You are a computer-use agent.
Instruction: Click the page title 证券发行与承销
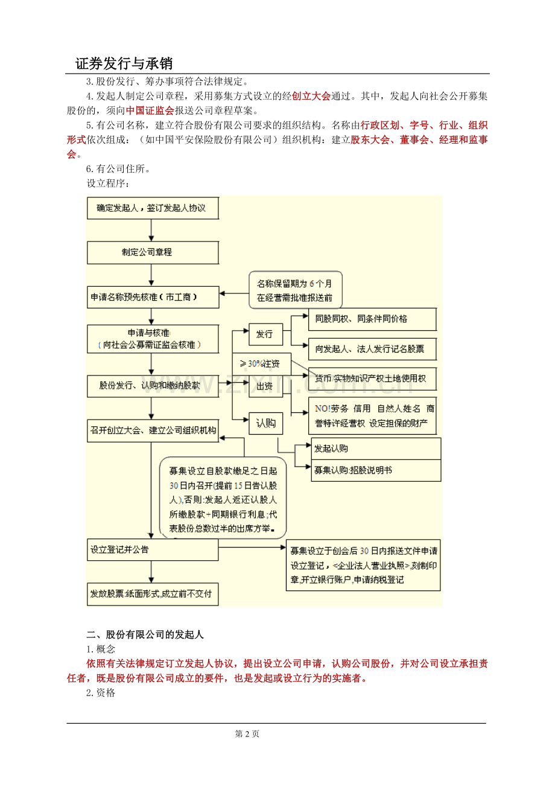pyautogui.click(x=124, y=64)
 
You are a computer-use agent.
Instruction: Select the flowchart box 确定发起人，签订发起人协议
pyautogui.click(x=152, y=208)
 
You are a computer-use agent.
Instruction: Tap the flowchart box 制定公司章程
pyautogui.click(x=152, y=252)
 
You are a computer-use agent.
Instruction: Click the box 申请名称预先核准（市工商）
pyautogui.click(x=152, y=297)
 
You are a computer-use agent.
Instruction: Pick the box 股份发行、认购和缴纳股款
pyautogui.click(x=152, y=385)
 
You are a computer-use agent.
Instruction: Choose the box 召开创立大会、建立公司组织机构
pyautogui.click(x=152, y=430)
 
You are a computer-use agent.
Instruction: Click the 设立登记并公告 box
pyautogui.click(x=152, y=550)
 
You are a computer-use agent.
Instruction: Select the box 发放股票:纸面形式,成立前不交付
pyautogui.click(x=152, y=594)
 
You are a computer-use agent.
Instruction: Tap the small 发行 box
pyautogui.click(x=265, y=333)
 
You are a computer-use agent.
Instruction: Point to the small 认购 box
pyautogui.click(x=265, y=423)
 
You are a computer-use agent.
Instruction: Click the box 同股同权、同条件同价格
pyautogui.click(x=372, y=319)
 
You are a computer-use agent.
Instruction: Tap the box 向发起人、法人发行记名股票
pyautogui.click(x=372, y=349)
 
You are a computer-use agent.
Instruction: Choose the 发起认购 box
pyautogui.click(x=376, y=449)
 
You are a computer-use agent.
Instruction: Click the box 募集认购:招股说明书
pyautogui.click(x=376, y=470)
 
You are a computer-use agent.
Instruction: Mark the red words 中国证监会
pyautogui.click(x=150, y=110)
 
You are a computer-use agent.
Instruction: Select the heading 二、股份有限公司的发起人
pyautogui.click(x=145, y=634)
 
